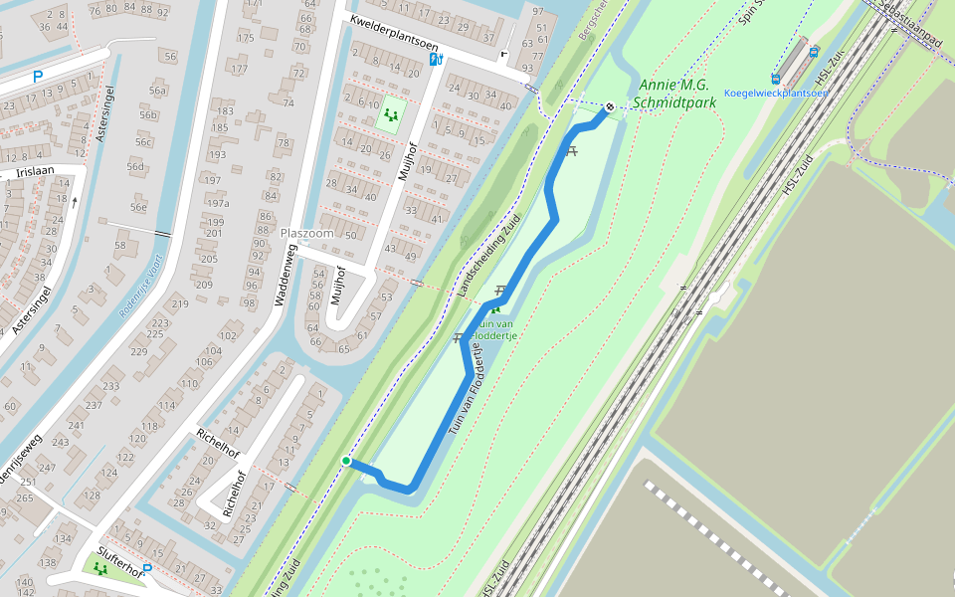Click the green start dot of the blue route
tap(346, 461)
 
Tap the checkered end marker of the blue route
tap(610, 106)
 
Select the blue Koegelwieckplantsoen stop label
tap(776, 94)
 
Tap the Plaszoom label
tap(306, 233)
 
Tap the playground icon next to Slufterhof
tap(99, 567)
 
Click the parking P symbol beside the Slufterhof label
tap(147, 570)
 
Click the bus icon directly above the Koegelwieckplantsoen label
tap(776, 79)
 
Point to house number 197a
tap(217, 204)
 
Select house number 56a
tap(157, 91)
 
